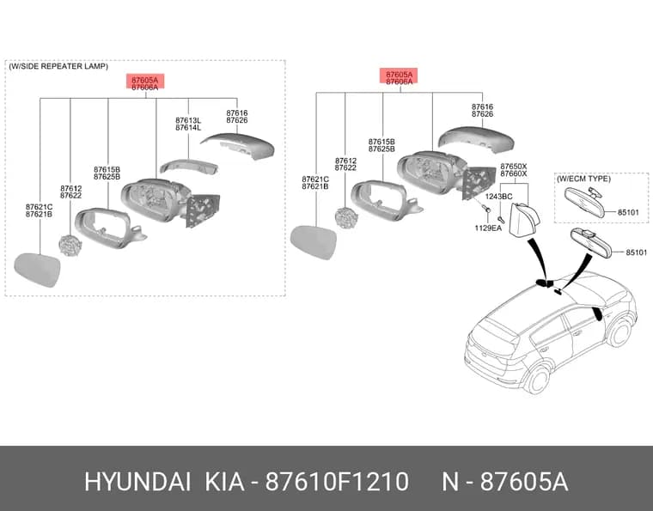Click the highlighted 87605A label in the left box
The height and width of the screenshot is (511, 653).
tap(145, 80)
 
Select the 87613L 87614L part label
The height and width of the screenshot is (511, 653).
tap(188, 124)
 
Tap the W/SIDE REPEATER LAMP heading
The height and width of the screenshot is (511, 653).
tap(58, 66)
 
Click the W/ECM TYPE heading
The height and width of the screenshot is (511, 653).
tap(584, 179)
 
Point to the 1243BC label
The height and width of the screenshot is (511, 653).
tap(498, 197)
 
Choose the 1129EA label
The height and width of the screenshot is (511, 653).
tap(488, 228)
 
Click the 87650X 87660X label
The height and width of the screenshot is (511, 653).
tap(514, 170)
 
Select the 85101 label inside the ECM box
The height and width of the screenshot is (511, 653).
tap(628, 212)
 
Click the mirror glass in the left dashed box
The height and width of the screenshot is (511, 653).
tap(38, 270)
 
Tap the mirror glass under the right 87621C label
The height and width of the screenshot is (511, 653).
tap(314, 242)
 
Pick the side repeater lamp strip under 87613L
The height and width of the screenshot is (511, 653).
tap(189, 166)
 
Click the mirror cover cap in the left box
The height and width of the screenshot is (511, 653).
tap(238, 146)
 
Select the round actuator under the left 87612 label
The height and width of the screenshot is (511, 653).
tap(70, 246)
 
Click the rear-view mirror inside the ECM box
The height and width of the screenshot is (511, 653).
tap(584, 203)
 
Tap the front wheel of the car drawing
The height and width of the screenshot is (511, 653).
tap(620, 333)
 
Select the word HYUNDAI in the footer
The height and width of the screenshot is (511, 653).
tap(137, 482)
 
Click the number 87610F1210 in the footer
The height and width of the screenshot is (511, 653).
tap(338, 482)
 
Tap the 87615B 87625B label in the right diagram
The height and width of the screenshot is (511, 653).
tap(381, 145)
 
